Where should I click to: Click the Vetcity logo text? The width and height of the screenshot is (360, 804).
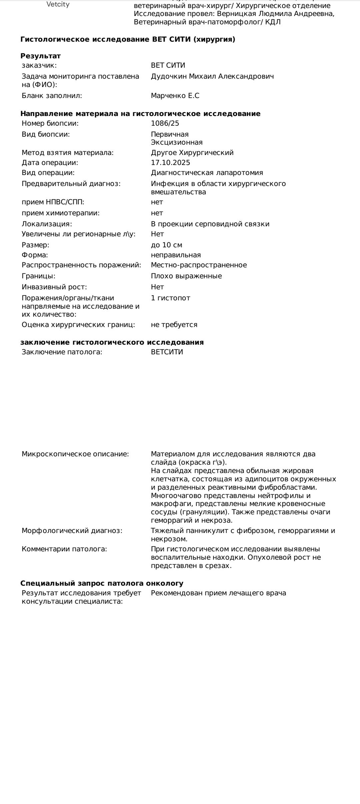tap(58, 5)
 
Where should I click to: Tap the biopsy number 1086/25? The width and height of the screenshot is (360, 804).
tap(165, 123)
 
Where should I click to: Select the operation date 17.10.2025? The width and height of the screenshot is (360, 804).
tap(170, 163)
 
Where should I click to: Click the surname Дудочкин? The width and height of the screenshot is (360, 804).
tap(169, 76)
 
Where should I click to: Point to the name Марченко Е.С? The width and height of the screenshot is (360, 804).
tap(175, 96)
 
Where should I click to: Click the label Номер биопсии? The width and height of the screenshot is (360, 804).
tap(50, 123)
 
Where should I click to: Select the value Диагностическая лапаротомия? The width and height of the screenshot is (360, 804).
tap(207, 173)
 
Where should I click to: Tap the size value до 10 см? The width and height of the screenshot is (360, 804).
tap(166, 245)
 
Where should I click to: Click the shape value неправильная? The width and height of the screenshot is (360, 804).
tap(176, 255)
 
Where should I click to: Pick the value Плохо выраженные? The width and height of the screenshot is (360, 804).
tap(186, 276)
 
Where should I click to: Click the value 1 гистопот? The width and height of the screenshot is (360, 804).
tap(170, 298)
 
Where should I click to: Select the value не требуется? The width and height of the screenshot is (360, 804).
tap(174, 325)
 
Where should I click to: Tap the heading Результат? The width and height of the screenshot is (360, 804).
tap(40, 56)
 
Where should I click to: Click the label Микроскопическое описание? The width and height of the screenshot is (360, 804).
tap(75, 454)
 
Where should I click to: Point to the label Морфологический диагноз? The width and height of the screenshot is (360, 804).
tap(72, 531)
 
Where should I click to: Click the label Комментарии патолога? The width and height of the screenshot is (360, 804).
tap(64, 549)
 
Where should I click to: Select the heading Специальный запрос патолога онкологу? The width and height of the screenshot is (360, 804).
tap(102, 583)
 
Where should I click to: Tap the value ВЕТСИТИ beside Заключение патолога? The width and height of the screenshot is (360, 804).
tap(167, 352)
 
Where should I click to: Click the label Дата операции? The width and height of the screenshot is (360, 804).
tap(50, 163)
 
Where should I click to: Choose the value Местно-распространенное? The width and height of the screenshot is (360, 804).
tap(199, 265)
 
